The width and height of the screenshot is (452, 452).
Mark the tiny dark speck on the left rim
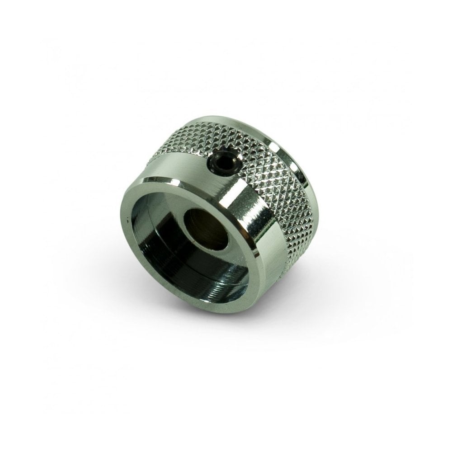[x=128, y=220]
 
